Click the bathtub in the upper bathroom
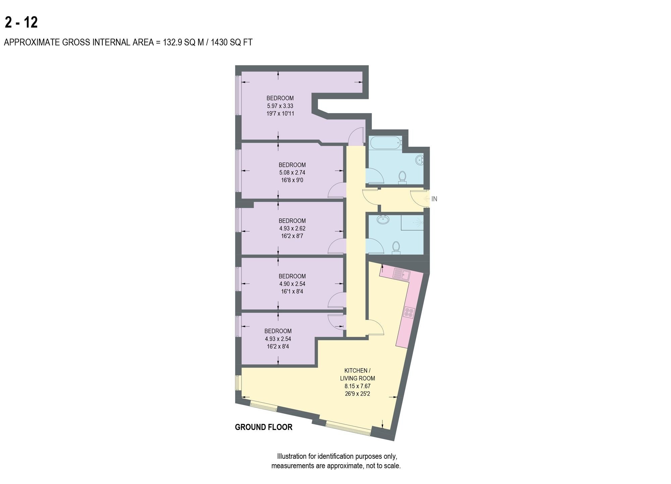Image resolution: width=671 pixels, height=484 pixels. pos(385,143)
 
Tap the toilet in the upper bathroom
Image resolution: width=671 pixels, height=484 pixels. pos(402,178)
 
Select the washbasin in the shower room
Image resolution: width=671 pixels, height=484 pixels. pos(382,220)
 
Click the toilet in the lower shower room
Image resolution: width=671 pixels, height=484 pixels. pos(396,248)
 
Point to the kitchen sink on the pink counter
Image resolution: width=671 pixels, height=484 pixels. pos(402,275)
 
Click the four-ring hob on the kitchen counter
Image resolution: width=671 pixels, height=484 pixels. pos(409,313)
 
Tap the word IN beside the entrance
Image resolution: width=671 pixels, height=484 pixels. pos(434,199)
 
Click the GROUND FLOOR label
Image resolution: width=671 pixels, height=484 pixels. pos(264,427)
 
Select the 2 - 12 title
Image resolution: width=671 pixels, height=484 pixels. pos(21,22)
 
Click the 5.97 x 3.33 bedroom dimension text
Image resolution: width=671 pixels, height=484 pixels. pos(280,106)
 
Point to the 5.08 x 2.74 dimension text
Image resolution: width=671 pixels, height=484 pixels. pos(292,173)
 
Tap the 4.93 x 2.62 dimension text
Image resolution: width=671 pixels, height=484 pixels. pos(292,228)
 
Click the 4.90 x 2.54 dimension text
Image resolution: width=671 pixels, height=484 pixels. pos(292,284)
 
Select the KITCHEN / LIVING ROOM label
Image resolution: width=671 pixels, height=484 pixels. pos(358,374)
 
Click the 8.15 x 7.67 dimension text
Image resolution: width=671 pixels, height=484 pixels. pos(358,386)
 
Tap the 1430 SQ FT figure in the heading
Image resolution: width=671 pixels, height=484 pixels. pos(231,42)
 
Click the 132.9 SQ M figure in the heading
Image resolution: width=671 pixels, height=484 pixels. pos(183,42)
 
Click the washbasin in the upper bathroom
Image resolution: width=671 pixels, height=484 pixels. pos(420,160)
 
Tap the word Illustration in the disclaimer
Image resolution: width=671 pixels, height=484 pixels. pos(292,456)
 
